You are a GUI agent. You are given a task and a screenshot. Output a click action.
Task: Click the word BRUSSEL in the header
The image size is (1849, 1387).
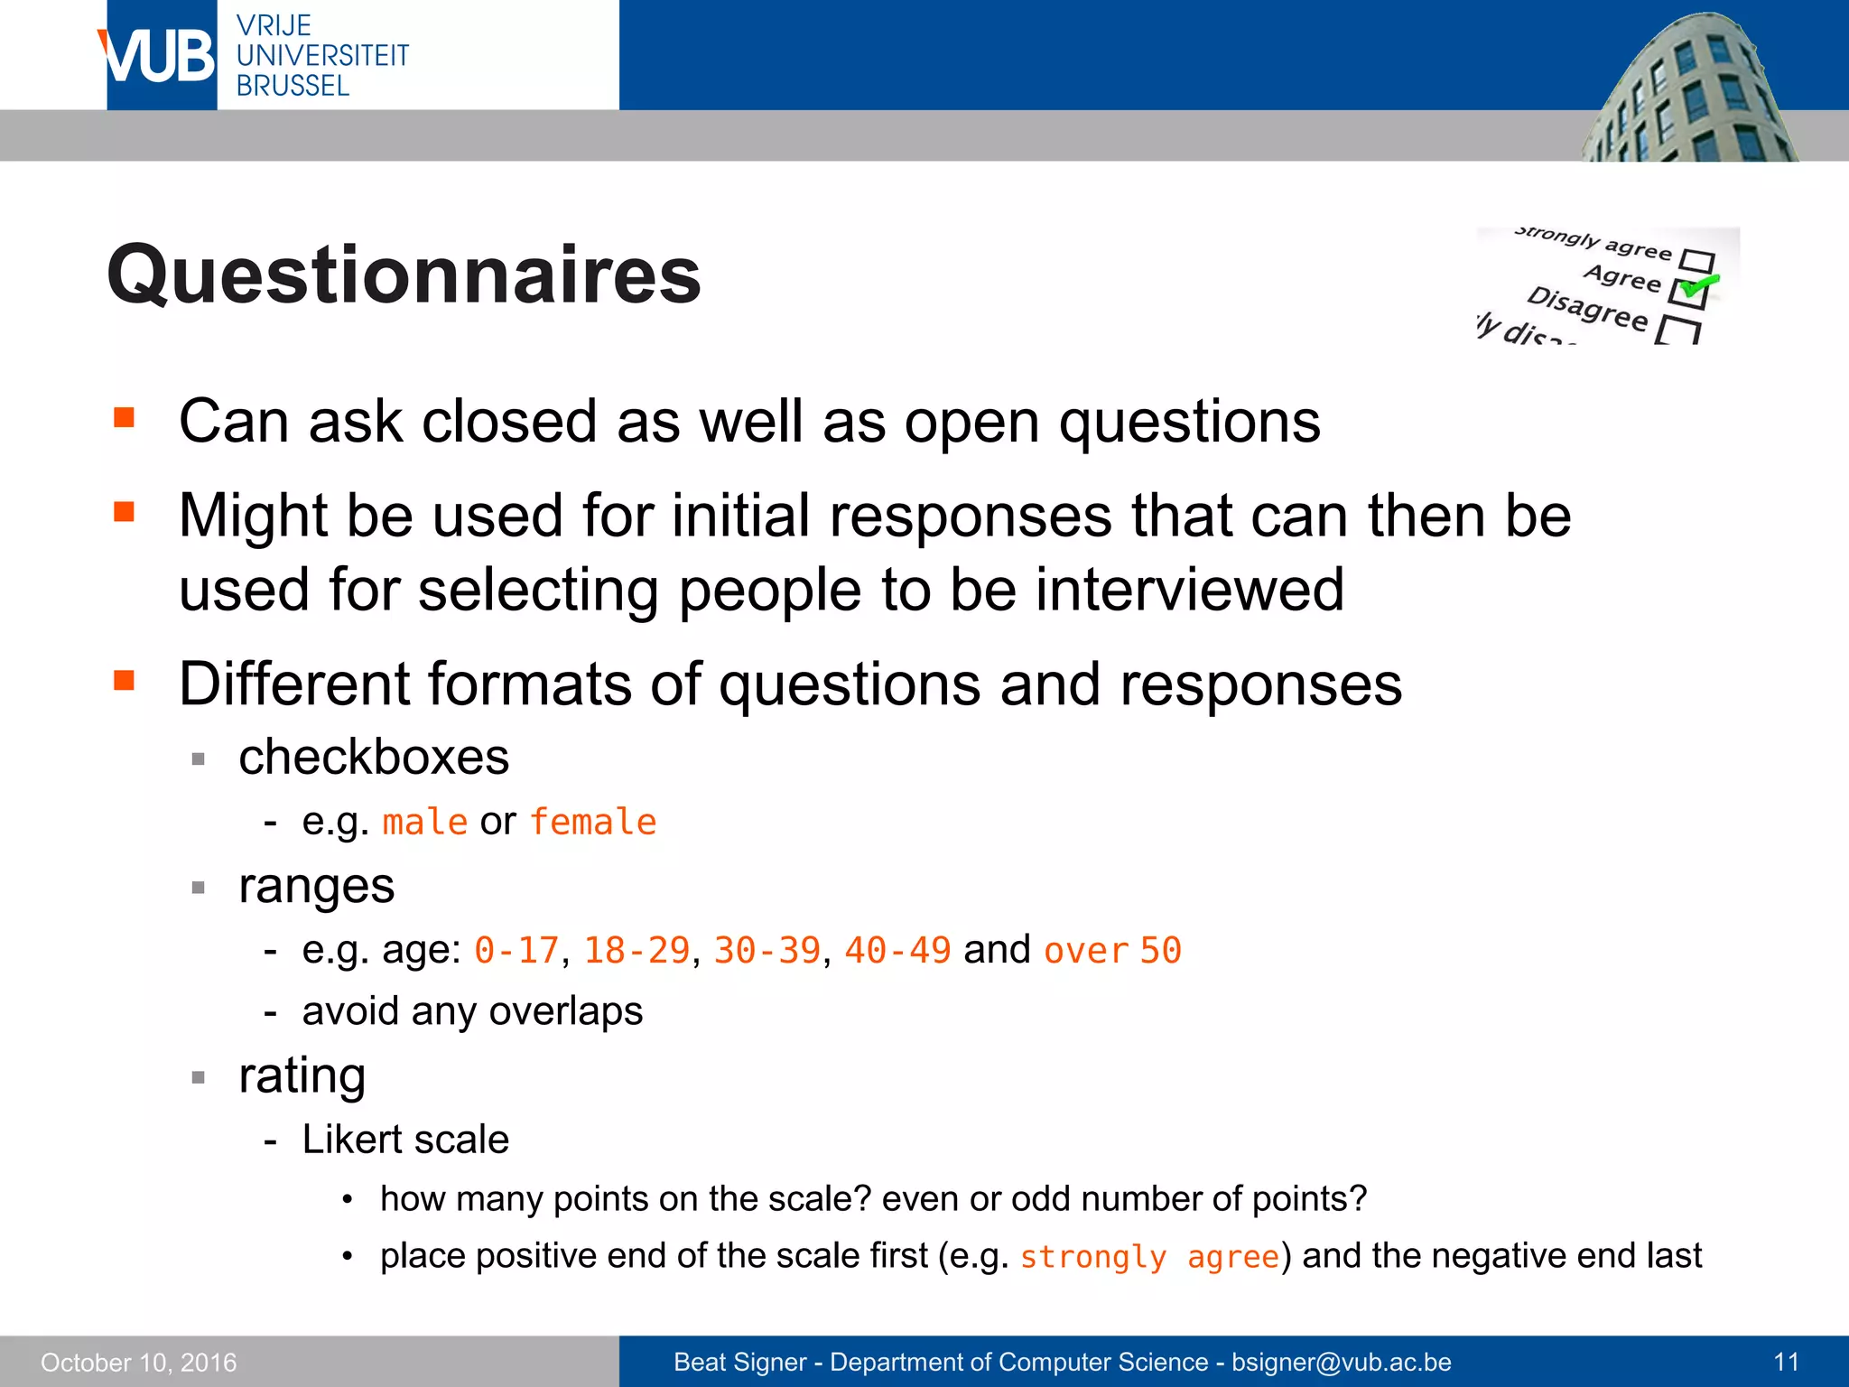[293, 86]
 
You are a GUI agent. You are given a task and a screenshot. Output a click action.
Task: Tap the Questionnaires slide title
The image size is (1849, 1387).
[404, 275]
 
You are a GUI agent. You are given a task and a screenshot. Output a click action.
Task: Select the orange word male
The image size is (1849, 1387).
[424, 823]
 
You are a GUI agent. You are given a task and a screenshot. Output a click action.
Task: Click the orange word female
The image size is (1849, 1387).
[592, 823]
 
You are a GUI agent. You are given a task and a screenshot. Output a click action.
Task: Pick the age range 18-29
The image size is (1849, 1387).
[636, 951]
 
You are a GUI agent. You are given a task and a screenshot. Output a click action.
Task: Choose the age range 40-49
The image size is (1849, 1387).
[897, 951]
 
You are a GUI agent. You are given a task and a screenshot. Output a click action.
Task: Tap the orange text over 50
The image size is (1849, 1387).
[1112, 951]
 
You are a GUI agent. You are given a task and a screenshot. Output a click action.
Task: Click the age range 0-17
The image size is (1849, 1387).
[516, 951]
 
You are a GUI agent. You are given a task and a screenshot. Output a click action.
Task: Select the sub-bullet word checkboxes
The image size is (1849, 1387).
[374, 757]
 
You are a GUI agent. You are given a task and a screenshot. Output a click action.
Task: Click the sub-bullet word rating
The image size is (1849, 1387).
[302, 1075]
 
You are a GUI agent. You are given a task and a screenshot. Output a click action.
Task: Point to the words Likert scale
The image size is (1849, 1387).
[405, 1140]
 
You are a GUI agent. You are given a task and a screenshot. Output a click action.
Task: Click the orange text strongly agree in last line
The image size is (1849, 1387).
[1149, 1257]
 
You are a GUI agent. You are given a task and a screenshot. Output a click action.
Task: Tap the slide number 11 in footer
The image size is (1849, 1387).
[1786, 1362]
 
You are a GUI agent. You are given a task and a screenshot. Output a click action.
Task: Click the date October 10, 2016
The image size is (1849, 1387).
[138, 1363]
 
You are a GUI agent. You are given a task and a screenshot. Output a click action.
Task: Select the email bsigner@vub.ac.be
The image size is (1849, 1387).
[1342, 1362]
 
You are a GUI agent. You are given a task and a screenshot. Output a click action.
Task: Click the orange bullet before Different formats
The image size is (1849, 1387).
[125, 680]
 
